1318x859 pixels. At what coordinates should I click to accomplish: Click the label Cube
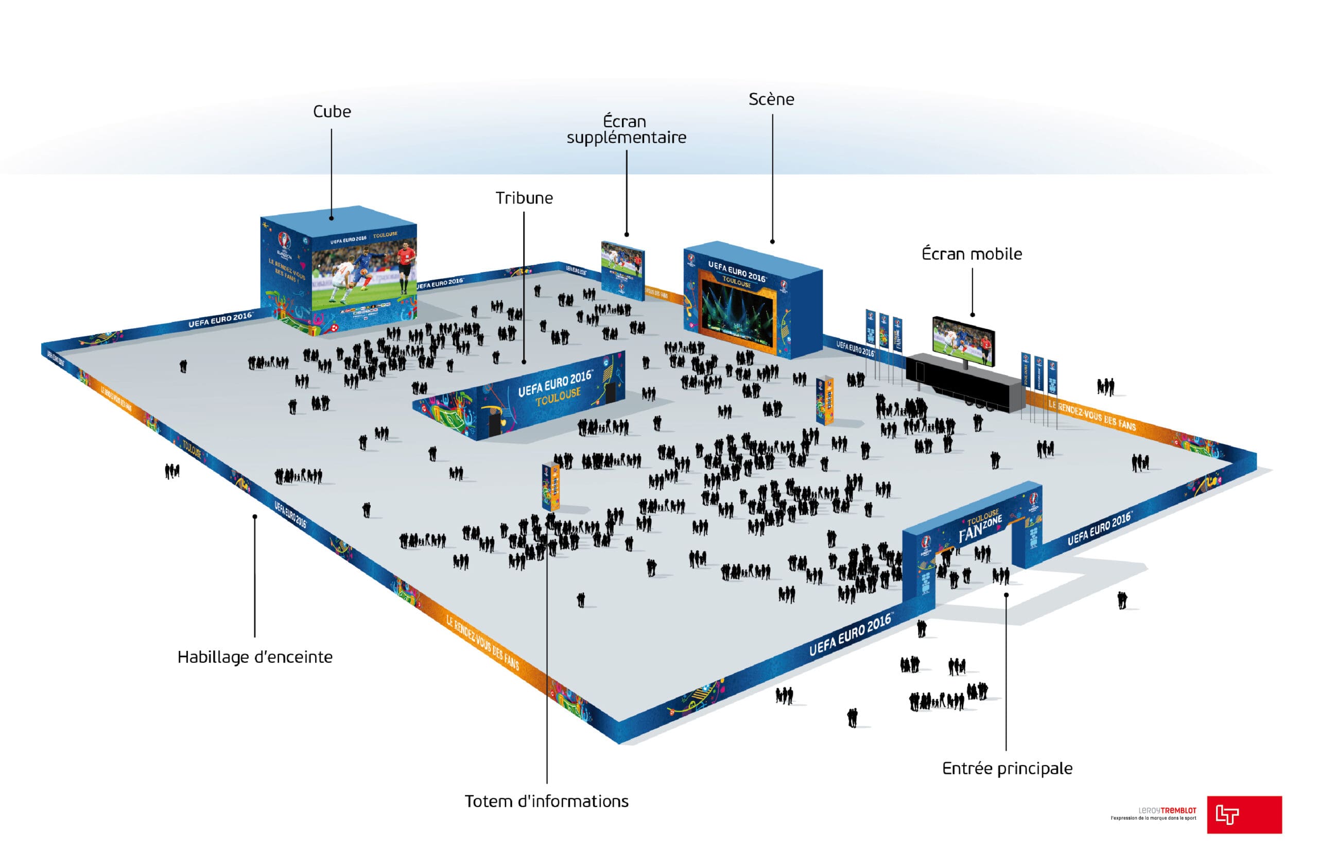click(x=332, y=112)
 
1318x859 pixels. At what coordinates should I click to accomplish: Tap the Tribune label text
click(x=524, y=198)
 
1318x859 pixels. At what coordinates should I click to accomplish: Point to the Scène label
click(x=771, y=100)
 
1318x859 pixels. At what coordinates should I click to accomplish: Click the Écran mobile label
click(x=972, y=254)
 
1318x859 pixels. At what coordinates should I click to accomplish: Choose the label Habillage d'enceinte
click(x=255, y=658)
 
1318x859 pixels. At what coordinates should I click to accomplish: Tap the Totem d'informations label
click(x=546, y=801)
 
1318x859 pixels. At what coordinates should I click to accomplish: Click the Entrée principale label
click(x=1007, y=769)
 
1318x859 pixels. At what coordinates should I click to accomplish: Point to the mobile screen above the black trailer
click(x=963, y=340)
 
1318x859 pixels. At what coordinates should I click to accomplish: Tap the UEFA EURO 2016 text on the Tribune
click(x=554, y=383)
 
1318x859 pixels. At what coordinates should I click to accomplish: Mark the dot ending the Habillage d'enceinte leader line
click(x=255, y=517)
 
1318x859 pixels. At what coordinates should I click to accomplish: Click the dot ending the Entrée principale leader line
click(x=1006, y=595)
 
